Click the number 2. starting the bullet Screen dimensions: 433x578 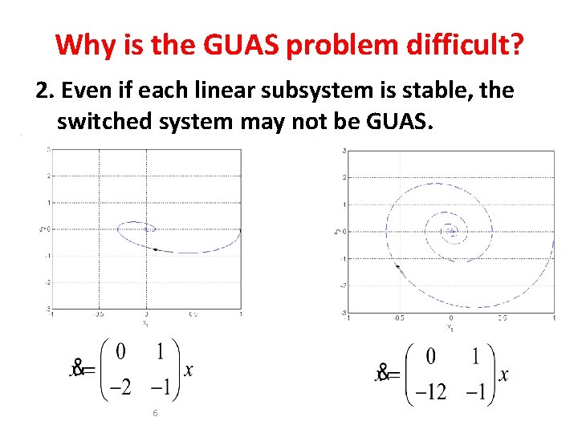click(x=45, y=91)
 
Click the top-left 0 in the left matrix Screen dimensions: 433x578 click(x=120, y=351)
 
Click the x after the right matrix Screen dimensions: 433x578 click(x=503, y=374)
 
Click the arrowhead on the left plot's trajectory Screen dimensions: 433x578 click(x=155, y=249)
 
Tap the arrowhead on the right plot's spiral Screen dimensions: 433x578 click(x=398, y=267)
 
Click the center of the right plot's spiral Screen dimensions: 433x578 click(x=451, y=232)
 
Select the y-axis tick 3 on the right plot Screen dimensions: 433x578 click(x=344, y=151)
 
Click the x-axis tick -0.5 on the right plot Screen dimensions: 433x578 click(x=398, y=318)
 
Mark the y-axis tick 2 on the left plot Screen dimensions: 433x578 click(x=49, y=176)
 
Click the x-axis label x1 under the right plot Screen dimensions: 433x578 click(x=450, y=327)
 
